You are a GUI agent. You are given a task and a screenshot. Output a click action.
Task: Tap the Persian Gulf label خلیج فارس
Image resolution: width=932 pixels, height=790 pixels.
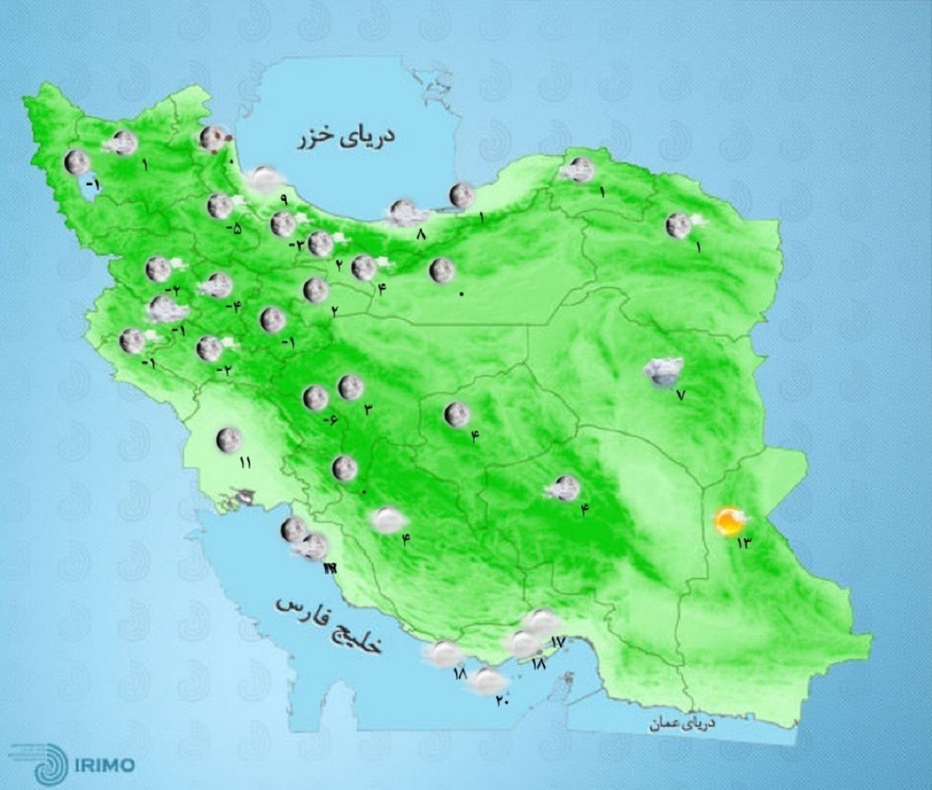pos(330,625)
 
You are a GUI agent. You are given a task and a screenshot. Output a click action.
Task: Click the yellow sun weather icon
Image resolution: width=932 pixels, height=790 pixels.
pos(729,521)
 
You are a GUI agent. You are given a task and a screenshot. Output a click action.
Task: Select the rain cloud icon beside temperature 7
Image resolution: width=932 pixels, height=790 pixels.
pos(662,372)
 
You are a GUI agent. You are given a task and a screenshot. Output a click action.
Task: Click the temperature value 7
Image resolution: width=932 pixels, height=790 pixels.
pos(681,395)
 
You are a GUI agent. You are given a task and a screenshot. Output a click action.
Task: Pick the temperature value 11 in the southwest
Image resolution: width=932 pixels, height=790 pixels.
pos(245,463)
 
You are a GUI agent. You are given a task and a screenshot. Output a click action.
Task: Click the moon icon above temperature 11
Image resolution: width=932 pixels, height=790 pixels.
pos(228,440)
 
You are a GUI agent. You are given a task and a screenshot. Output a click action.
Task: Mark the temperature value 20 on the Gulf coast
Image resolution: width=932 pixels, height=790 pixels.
pos(501,702)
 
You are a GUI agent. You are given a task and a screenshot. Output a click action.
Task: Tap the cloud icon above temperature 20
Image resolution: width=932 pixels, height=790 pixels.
pos(487,681)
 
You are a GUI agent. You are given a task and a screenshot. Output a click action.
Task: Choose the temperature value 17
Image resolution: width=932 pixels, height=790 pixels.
pos(556,642)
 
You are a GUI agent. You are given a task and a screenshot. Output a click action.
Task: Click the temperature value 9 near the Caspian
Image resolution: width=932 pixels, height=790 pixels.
pos(283,199)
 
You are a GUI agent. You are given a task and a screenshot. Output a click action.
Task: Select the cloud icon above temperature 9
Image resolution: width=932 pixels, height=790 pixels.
pos(264,179)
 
